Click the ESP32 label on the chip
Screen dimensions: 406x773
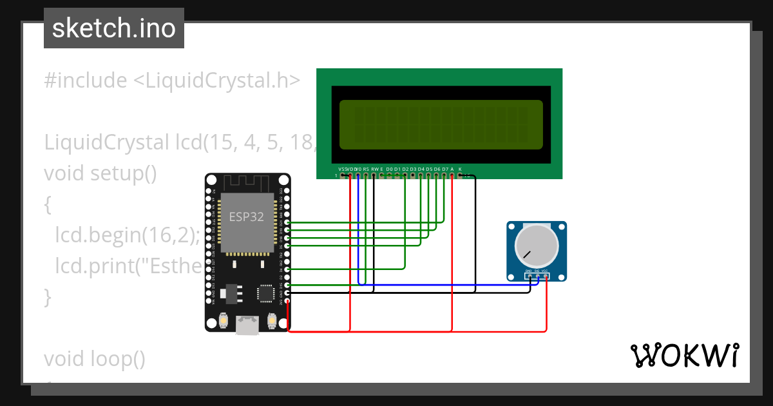pos(247,217)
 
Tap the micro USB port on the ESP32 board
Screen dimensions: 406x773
pos(247,325)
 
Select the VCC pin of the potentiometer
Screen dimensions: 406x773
pos(546,276)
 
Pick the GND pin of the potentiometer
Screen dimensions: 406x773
pos(528,276)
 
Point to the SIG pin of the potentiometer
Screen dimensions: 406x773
pos(537,276)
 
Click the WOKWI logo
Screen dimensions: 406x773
pos(684,355)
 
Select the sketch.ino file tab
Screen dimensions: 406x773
pos(114,28)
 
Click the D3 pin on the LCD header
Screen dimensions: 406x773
pos(413,175)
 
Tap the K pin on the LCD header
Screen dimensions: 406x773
pos(460,175)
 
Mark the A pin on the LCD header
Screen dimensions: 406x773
pos(452,175)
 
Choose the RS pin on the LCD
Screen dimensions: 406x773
pos(366,175)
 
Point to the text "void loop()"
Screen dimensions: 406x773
pos(95,358)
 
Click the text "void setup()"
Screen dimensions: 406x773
pos(100,173)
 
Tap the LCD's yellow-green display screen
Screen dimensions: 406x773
pos(441,124)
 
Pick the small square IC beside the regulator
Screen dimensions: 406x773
pos(265,293)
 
